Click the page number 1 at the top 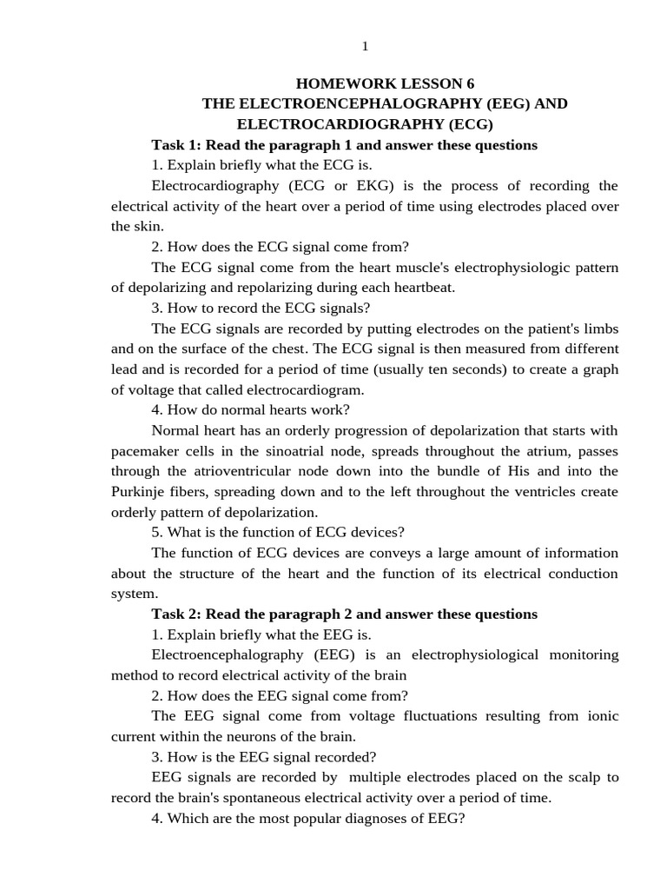365,46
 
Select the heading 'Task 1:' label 177,145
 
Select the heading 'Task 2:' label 177,614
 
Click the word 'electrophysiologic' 507,268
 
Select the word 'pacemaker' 145,451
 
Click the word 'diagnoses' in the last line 359,818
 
